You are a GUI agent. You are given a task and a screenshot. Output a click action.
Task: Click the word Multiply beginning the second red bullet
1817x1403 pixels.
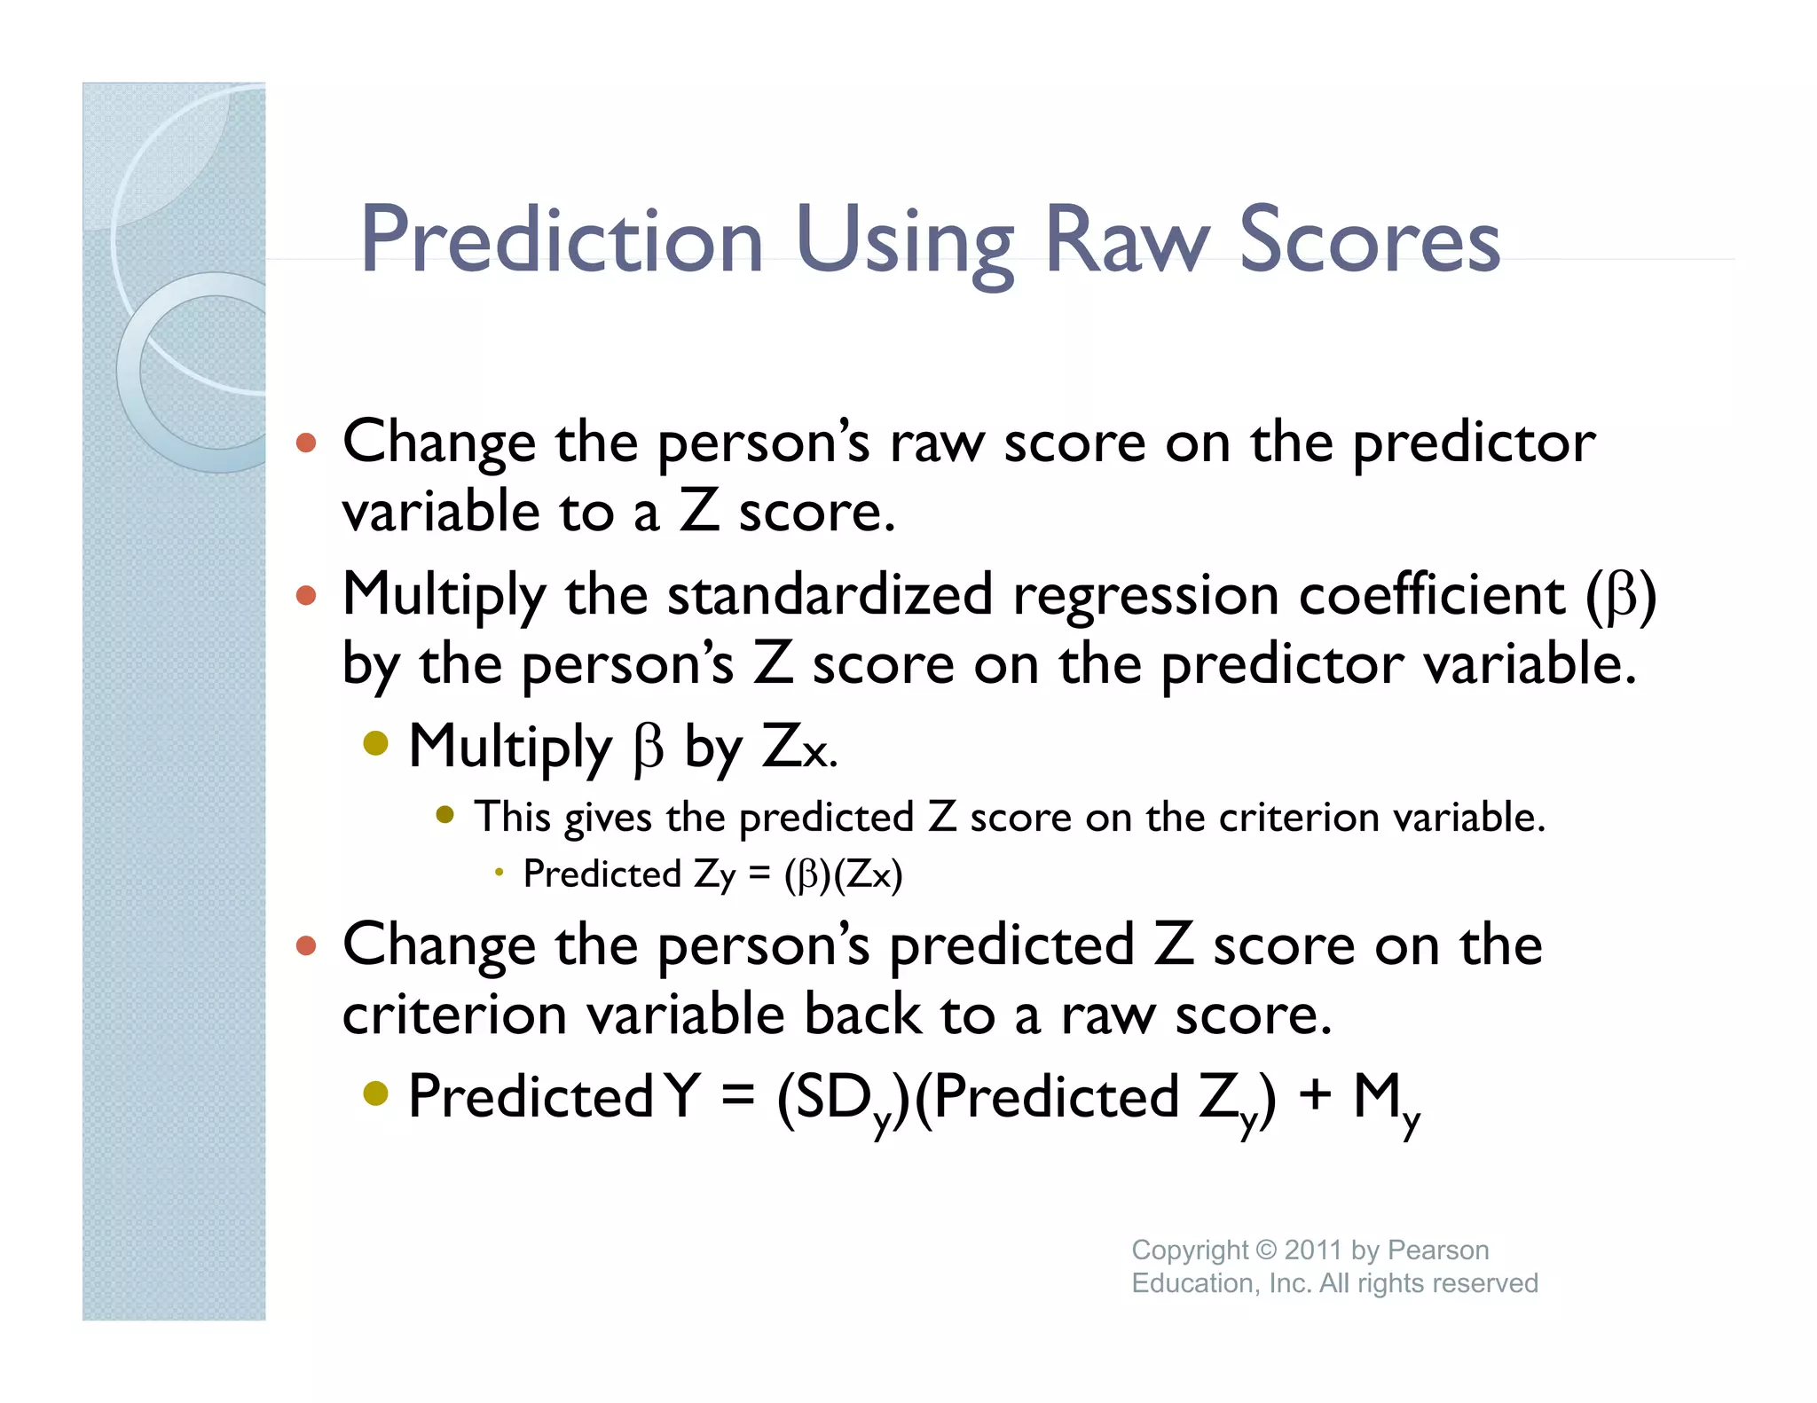(444, 596)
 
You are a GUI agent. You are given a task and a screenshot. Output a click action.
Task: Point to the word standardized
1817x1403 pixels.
(830, 594)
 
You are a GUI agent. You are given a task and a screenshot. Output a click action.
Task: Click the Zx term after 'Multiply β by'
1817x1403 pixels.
(797, 747)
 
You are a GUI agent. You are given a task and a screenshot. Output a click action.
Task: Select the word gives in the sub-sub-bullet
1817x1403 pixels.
(608, 818)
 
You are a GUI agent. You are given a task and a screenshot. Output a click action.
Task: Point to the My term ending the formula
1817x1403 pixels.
(1386, 1100)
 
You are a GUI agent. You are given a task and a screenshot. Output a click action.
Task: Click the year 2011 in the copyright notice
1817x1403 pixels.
(1312, 1250)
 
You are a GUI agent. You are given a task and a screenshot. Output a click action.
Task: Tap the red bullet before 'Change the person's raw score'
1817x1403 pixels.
(306, 442)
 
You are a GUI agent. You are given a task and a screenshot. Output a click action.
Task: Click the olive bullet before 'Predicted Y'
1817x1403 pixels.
(376, 1093)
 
